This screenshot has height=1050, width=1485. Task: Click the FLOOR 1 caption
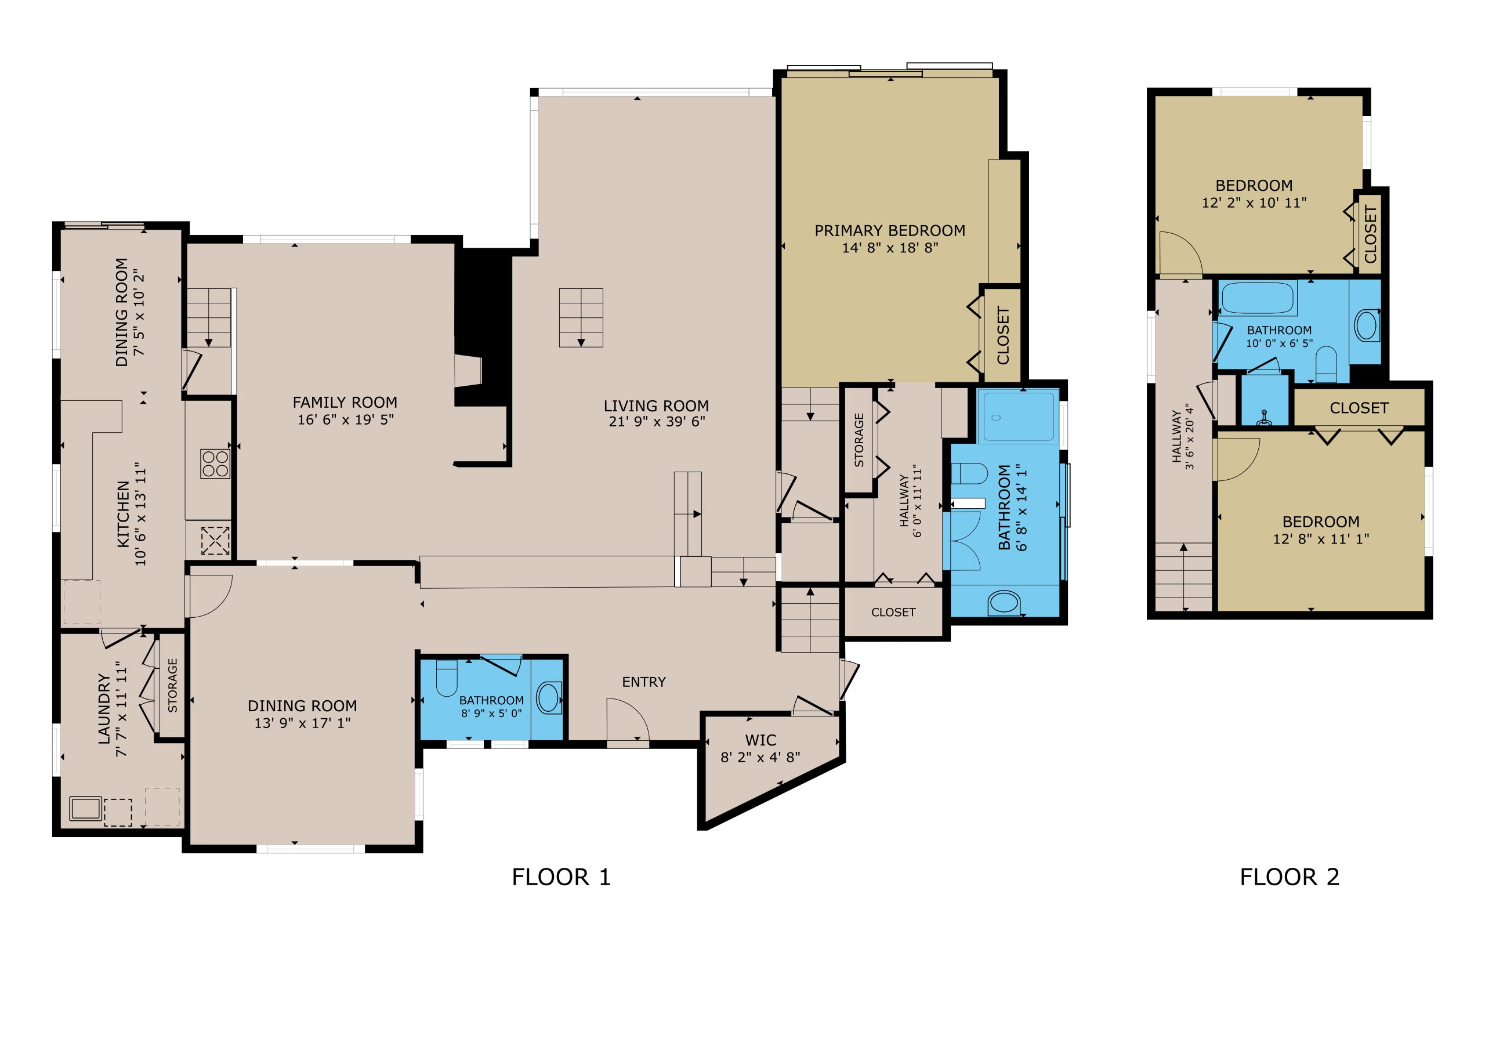(x=561, y=877)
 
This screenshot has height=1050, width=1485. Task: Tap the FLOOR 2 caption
(x=1289, y=877)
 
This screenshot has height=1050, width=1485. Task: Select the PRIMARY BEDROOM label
(x=890, y=230)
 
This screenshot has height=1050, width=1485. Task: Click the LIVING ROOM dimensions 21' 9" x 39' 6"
(x=657, y=422)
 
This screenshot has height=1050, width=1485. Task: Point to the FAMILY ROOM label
(x=345, y=403)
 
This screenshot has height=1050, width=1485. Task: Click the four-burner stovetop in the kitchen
(x=215, y=463)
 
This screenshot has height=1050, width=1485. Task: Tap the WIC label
(x=760, y=740)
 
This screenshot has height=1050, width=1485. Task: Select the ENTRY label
(x=643, y=682)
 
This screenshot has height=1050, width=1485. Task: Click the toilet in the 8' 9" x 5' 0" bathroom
(x=446, y=678)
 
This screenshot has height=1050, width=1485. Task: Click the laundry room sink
(x=85, y=809)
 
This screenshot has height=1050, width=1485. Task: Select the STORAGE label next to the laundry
(x=173, y=686)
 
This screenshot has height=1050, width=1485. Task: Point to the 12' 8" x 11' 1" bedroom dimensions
(x=1321, y=539)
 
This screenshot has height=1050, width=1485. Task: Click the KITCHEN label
(x=123, y=515)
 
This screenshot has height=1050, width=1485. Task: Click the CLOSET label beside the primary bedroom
(x=1003, y=336)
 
